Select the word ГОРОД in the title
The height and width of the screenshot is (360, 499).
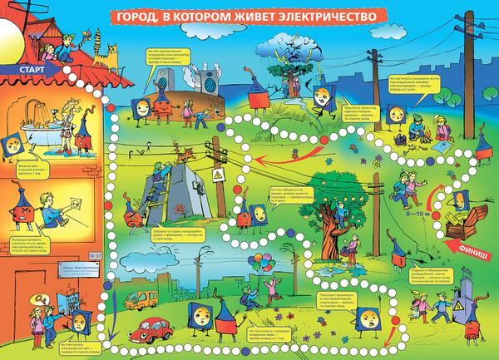pyautogui.click(x=136, y=16)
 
